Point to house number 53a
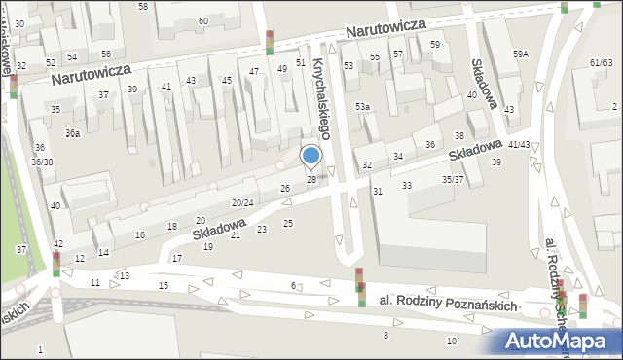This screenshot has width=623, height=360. point(362,105)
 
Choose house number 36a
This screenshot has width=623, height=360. point(72,132)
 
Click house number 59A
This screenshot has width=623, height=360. point(521,54)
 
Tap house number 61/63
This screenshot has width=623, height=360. point(601,62)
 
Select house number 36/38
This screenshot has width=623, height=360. point(42,162)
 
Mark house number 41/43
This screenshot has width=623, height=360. point(519,144)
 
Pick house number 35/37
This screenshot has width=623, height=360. point(453,179)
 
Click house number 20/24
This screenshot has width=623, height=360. point(242,202)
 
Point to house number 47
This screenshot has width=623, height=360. point(254,72)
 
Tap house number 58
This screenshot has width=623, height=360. point(143,7)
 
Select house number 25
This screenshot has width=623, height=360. point(287,224)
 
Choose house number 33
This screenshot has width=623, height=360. point(407,185)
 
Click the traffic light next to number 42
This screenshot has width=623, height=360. point(56,263)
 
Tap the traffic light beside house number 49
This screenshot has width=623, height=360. point(270,43)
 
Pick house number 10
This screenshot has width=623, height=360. point(451,341)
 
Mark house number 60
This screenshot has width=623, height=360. point(203,20)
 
